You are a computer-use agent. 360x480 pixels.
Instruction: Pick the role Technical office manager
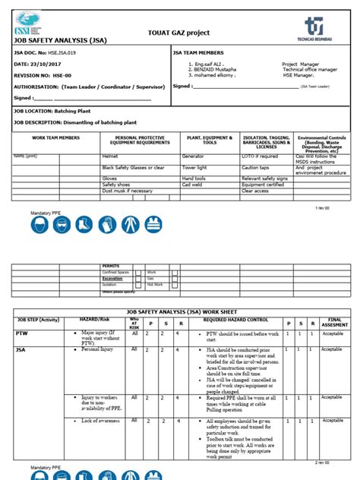(x=309, y=69)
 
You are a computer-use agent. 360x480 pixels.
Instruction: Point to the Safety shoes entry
(x=116, y=185)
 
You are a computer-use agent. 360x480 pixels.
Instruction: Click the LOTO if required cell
(x=260, y=155)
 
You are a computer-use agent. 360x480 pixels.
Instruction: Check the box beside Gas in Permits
(x=175, y=279)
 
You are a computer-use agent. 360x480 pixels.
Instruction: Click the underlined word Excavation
(x=112, y=279)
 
